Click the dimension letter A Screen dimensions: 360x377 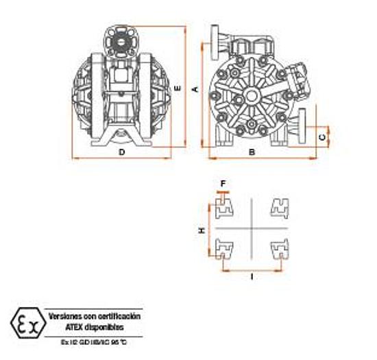click(x=195, y=89)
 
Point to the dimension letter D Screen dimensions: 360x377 click(x=121, y=152)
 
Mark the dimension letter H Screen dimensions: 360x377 click(x=202, y=231)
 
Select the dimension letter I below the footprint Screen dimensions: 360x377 click(x=252, y=278)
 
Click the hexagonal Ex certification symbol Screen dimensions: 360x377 click(x=26, y=322)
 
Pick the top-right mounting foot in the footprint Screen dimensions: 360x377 click(x=280, y=206)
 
